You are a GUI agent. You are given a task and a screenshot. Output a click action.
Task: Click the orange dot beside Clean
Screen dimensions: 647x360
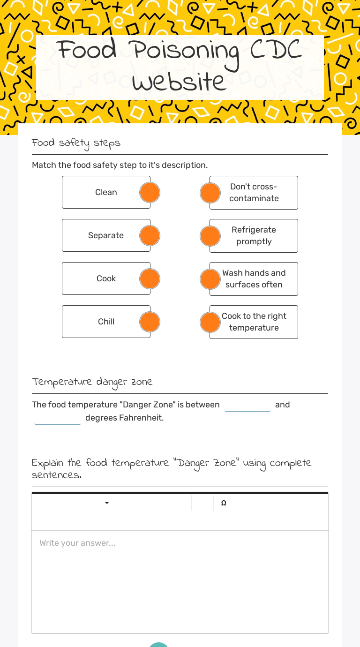pos(150,193)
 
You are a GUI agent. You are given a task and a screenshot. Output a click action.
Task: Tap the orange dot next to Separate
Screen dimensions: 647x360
pos(150,236)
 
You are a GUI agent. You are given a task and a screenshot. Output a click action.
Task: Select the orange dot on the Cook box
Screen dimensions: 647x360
pos(150,279)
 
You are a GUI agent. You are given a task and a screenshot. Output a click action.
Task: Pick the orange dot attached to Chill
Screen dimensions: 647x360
pos(150,322)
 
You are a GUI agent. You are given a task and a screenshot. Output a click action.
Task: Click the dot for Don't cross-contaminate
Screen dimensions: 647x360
pos(210,193)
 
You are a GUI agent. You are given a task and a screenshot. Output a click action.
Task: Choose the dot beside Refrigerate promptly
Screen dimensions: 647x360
pos(210,236)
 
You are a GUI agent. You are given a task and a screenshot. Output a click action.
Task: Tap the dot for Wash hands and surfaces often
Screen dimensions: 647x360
pos(210,279)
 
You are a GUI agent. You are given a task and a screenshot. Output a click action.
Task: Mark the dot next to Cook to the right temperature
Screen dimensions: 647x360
pos(210,322)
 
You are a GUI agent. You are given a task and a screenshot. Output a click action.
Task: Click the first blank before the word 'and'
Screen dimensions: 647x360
pos(247,405)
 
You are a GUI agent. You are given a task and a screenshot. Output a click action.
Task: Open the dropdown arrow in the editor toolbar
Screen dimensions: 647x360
pos(107,503)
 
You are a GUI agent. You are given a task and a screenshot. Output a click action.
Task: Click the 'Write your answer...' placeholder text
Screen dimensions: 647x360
pos(77,543)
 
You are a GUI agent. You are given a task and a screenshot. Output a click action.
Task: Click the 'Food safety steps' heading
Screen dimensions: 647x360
pos(76,143)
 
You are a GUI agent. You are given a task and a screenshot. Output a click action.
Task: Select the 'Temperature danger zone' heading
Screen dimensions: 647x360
pos(92,382)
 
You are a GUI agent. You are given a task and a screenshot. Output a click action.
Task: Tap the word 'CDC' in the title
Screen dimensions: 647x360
pos(276,51)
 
